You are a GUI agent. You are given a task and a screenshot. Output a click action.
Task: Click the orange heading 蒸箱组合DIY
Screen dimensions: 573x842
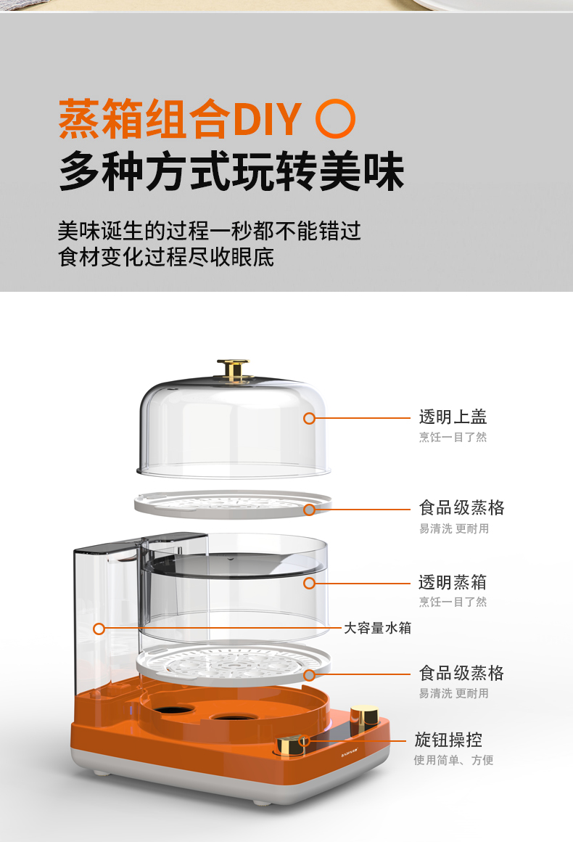pyautogui.click(x=181, y=118)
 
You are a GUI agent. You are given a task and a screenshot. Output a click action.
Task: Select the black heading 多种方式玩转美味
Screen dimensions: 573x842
pyautogui.click(x=231, y=171)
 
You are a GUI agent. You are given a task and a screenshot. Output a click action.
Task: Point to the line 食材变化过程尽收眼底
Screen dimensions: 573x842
pyautogui.click(x=166, y=257)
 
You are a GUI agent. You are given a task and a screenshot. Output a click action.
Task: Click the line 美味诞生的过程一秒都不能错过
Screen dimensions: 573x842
pyautogui.click(x=209, y=231)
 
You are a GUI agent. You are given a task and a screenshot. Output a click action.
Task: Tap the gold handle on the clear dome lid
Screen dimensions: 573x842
pyautogui.click(x=233, y=369)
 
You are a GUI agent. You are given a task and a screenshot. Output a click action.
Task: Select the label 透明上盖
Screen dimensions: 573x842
pyautogui.click(x=453, y=417)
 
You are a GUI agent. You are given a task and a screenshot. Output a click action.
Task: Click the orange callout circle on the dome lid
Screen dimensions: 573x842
pyautogui.click(x=309, y=418)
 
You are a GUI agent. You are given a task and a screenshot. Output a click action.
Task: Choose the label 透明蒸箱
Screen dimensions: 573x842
pyautogui.click(x=453, y=582)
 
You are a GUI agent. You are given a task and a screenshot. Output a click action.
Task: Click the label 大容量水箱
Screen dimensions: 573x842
pyautogui.click(x=377, y=628)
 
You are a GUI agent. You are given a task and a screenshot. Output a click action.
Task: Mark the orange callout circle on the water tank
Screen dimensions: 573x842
pyautogui.click(x=99, y=629)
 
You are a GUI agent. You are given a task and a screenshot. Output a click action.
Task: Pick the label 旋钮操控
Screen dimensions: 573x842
pyautogui.click(x=448, y=740)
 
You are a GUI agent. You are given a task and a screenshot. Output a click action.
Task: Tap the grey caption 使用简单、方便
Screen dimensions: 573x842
pyautogui.click(x=453, y=760)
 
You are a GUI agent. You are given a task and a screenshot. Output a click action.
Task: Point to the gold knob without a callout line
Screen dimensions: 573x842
pyautogui.click(x=364, y=717)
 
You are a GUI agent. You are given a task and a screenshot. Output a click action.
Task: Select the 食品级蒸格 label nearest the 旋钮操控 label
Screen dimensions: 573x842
pyautogui.click(x=461, y=673)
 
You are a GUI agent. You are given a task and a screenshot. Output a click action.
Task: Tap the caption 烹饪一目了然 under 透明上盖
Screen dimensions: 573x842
pyautogui.click(x=453, y=437)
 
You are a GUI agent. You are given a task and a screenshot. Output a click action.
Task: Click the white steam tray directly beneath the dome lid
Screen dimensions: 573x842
pyautogui.click(x=232, y=504)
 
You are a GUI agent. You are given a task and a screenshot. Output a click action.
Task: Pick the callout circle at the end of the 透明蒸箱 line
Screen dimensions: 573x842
pyautogui.click(x=309, y=583)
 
